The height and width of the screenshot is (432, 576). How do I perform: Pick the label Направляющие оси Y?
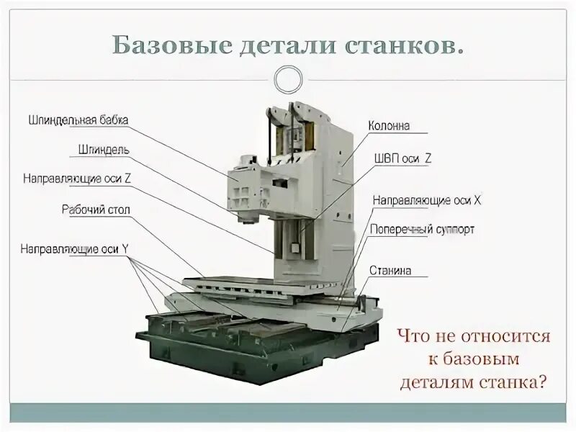(74, 249)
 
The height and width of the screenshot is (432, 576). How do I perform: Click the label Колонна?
(389, 125)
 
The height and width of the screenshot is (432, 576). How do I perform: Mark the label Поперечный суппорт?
(422, 230)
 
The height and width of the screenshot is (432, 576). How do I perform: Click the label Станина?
(390, 271)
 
